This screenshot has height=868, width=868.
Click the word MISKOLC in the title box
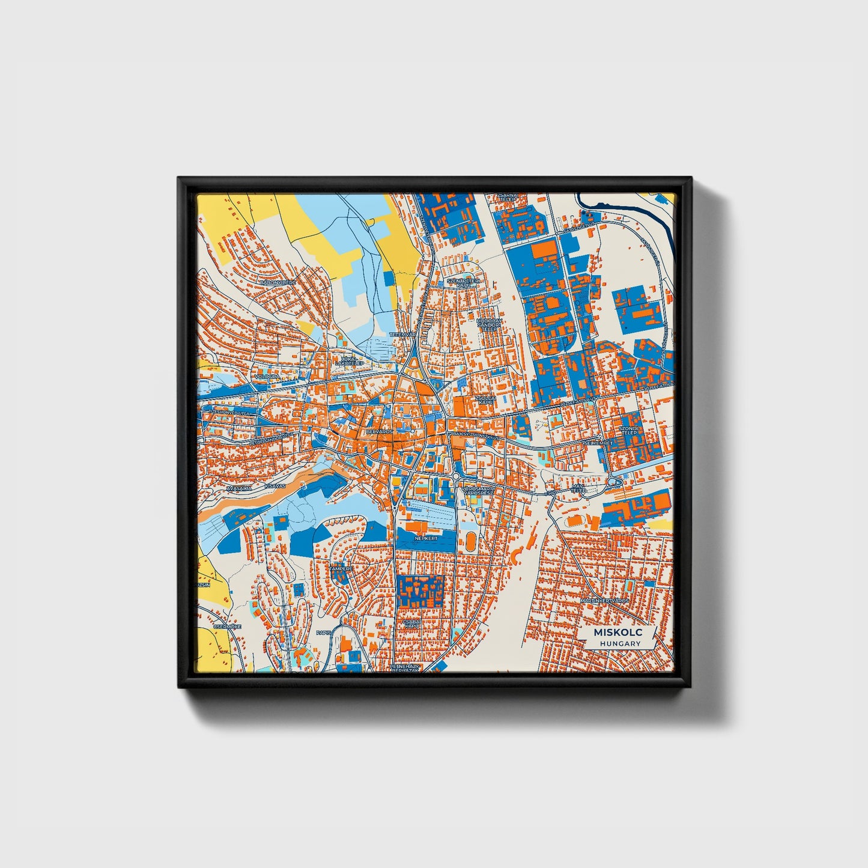tap(618, 633)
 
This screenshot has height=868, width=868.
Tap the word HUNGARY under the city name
tap(619, 643)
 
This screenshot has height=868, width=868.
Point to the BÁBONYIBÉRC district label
tap(278, 281)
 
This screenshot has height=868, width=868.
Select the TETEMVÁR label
tap(402, 334)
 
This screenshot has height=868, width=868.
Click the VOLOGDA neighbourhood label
tap(267, 377)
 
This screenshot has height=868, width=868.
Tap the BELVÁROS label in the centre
tap(379, 431)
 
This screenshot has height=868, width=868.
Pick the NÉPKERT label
tap(426, 539)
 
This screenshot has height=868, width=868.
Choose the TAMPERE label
tap(341, 568)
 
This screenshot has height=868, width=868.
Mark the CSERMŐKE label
tap(231, 626)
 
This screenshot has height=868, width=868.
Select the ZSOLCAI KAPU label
tap(485, 399)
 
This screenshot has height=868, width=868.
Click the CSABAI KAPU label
tap(412, 624)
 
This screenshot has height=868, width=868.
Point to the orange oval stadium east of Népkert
tap(470, 541)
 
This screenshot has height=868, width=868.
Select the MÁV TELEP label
tap(578, 488)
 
